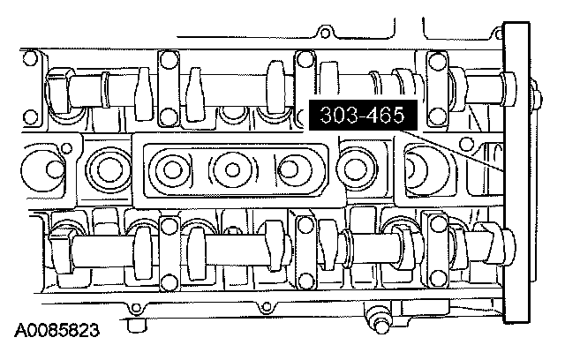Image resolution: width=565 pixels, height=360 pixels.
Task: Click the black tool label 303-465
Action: (x=363, y=116)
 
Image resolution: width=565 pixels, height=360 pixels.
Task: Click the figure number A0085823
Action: (x=56, y=330)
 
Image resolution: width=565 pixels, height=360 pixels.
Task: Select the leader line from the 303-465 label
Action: (x=452, y=151)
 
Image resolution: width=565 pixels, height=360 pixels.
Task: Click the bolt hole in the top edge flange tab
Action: (x=325, y=34)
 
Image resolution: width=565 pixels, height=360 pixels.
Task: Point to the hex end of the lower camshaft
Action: (x=60, y=252)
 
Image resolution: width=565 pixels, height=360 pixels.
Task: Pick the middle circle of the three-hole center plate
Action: (x=232, y=169)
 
